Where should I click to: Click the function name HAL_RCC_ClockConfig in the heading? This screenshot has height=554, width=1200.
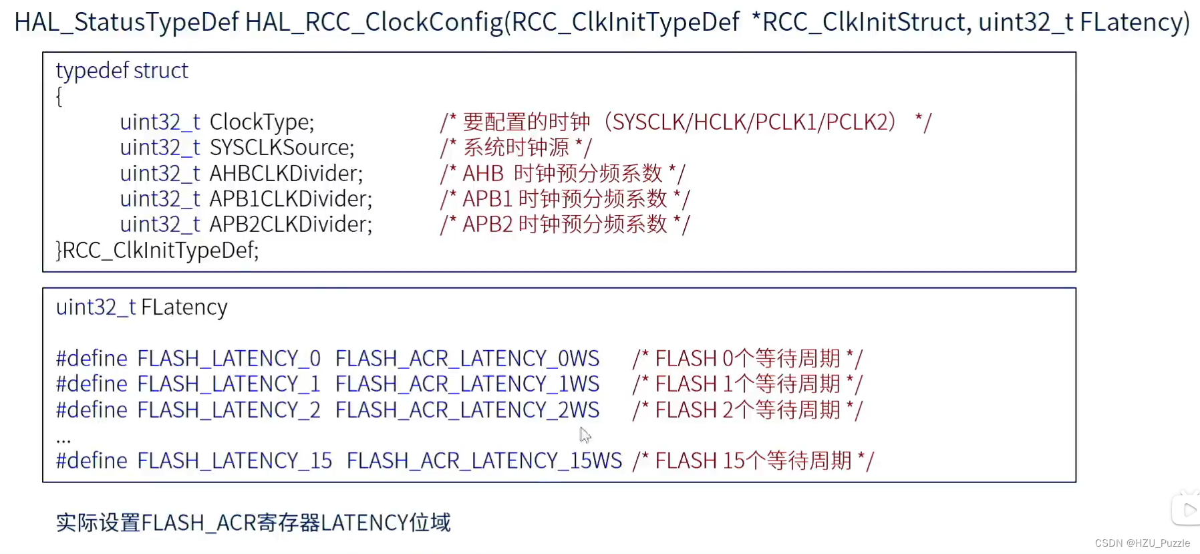pyautogui.click(x=373, y=22)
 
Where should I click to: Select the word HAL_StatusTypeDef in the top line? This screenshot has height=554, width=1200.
pyautogui.click(x=126, y=22)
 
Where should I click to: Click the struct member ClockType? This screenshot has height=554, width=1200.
pyautogui.click(x=261, y=122)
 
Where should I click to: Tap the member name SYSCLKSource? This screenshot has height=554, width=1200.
pyautogui.click(x=281, y=148)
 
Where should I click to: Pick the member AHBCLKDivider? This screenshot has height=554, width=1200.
pyautogui.click(x=286, y=174)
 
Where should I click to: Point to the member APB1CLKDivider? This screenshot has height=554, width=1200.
pyautogui.click(x=291, y=199)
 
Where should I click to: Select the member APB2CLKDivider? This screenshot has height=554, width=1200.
pyautogui.click(x=291, y=225)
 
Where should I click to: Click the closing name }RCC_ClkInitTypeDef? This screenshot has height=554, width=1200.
pyautogui.click(x=157, y=250)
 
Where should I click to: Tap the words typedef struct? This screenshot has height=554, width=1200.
pyautogui.click(x=122, y=71)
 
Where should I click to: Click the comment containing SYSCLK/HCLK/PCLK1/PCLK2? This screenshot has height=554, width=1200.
pyautogui.click(x=685, y=122)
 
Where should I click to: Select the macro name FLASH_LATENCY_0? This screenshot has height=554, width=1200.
pyautogui.click(x=229, y=359)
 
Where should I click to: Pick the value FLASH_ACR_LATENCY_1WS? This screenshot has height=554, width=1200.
pyautogui.click(x=467, y=384)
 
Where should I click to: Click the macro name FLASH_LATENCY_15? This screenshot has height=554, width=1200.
pyautogui.click(x=235, y=461)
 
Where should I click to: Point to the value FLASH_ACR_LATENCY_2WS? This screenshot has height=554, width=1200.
pyautogui.click(x=467, y=410)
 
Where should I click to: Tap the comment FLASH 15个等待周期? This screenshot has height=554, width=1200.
pyautogui.click(x=753, y=461)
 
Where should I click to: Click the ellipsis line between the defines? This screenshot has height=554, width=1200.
pyautogui.click(x=63, y=438)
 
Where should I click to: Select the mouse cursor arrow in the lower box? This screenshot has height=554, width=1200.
pyautogui.click(x=585, y=435)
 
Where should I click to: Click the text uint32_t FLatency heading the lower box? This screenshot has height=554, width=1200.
pyautogui.click(x=142, y=307)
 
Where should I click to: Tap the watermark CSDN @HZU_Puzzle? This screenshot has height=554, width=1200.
pyautogui.click(x=1142, y=543)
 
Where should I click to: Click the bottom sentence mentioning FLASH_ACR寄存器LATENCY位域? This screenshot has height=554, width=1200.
pyautogui.click(x=253, y=523)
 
